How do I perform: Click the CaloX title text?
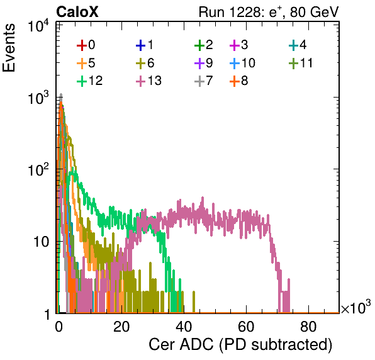(77, 12)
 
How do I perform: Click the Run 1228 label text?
(269, 12)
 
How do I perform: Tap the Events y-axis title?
(9, 48)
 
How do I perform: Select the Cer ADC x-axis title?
(240, 345)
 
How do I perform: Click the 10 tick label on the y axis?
(41, 242)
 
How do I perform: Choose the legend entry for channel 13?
(148, 81)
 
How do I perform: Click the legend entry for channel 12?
(90, 81)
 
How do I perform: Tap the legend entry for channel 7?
(203, 81)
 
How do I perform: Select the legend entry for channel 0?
(86, 45)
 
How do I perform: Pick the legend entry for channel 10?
(242, 63)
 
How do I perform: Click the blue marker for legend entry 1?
(141, 45)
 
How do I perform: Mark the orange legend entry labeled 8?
(238, 81)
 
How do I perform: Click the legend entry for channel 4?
(298, 45)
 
